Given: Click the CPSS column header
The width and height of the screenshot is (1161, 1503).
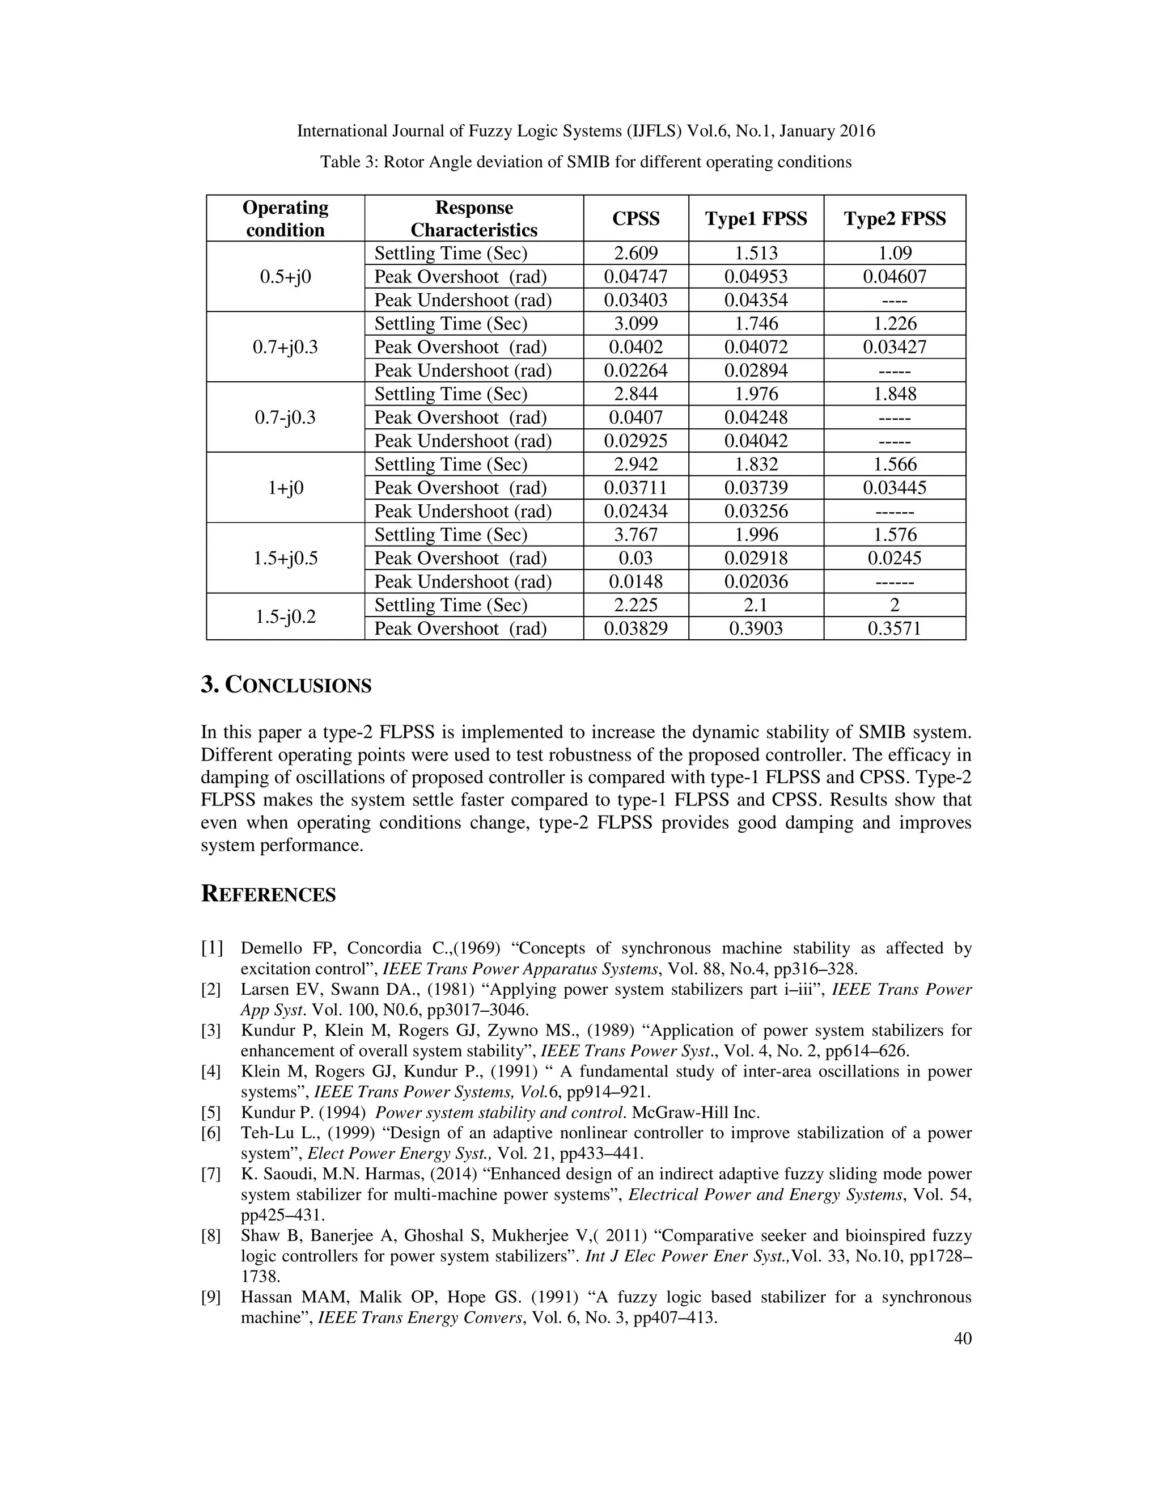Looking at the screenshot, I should click(x=635, y=218).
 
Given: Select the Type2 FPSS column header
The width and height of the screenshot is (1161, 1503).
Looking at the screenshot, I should click(x=894, y=218).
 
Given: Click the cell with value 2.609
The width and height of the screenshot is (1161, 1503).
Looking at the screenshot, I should click(x=635, y=254).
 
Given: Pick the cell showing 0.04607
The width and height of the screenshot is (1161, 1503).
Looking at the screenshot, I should click(x=894, y=277).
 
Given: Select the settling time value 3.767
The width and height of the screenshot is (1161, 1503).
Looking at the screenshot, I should click(x=635, y=535).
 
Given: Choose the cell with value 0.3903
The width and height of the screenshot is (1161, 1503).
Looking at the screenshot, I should click(x=756, y=628).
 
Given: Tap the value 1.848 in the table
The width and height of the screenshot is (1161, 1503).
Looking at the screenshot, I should click(x=894, y=394).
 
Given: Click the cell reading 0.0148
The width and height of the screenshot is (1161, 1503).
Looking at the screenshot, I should click(x=635, y=581).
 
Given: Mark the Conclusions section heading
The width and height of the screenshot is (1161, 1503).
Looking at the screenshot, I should click(x=286, y=686).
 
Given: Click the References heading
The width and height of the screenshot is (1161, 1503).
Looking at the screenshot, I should click(x=268, y=894).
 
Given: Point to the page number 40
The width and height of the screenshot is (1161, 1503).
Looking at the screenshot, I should click(x=962, y=1339).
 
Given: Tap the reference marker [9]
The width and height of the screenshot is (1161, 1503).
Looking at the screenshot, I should click(x=210, y=1297).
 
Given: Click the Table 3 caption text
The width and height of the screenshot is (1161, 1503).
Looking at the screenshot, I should click(x=585, y=162).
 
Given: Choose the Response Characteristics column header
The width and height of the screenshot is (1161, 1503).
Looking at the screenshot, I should click(x=474, y=218).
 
